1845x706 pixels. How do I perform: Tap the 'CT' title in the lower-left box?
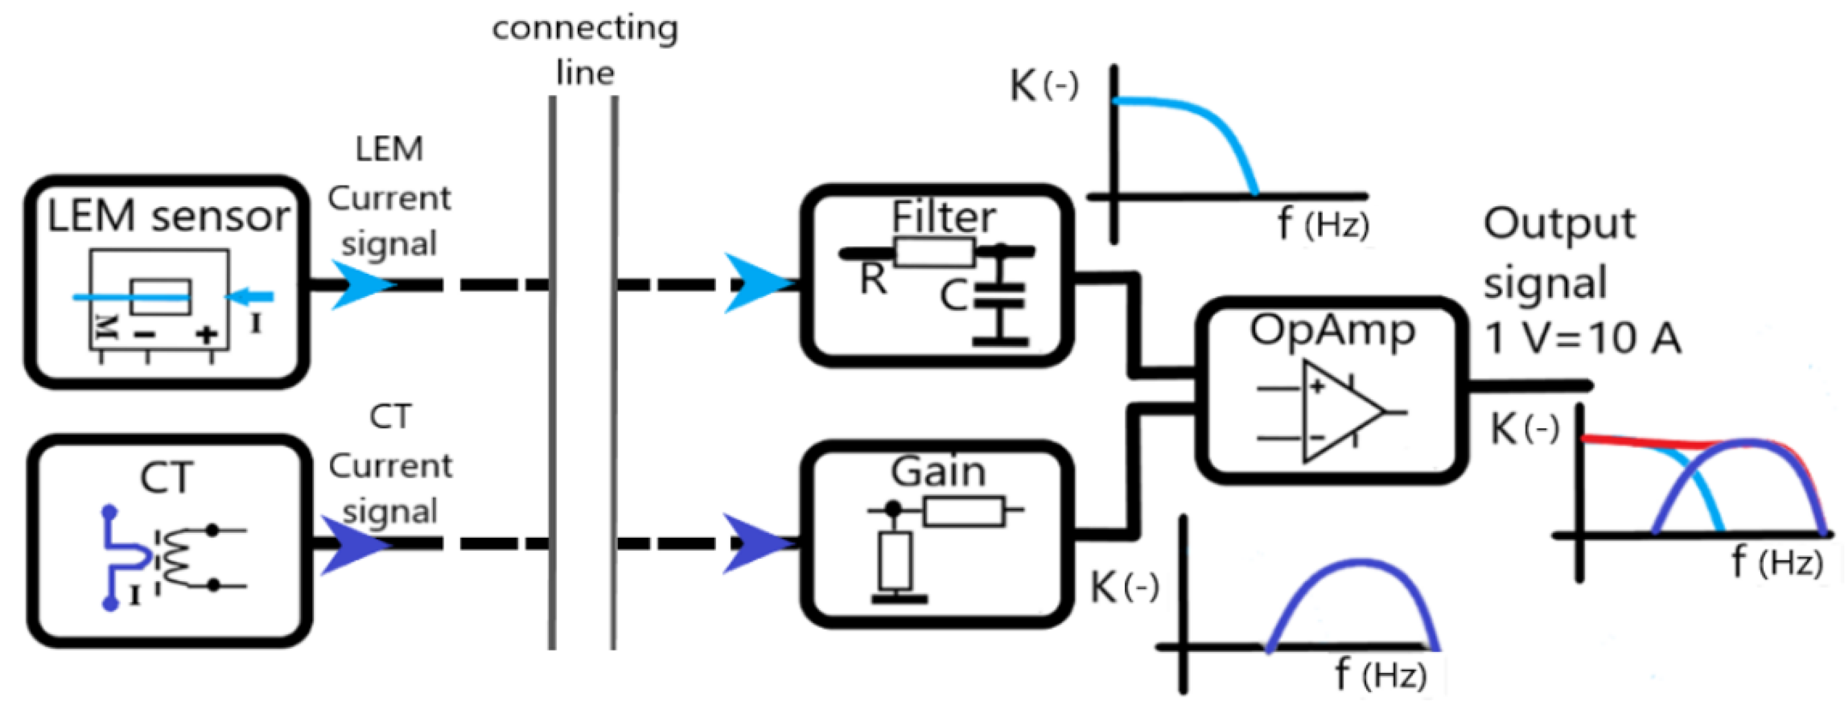tap(167, 478)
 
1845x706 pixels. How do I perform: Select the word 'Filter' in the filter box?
tap(943, 217)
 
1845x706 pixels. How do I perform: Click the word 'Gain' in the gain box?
tap(938, 472)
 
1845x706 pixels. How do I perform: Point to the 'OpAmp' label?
tap(1332, 332)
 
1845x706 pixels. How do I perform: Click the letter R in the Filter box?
tap(873, 279)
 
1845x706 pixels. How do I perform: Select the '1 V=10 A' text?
tap(1581, 338)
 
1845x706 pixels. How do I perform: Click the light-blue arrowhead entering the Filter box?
tap(756, 284)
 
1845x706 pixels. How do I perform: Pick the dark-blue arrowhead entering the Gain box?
tap(754, 543)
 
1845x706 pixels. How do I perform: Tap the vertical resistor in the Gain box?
tap(895, 560)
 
